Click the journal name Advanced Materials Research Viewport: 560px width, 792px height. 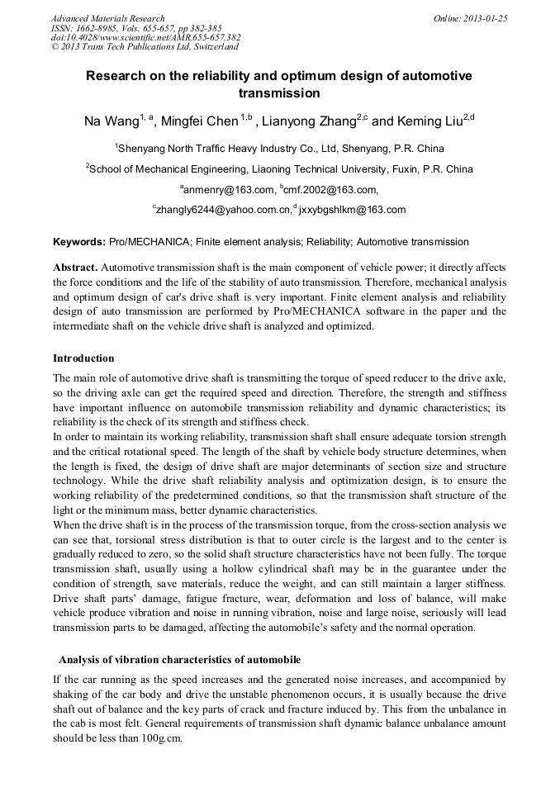click(x=107, y=18)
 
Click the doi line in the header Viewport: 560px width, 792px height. click(x=145, y=37)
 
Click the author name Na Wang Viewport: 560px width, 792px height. click(x=111, y=122)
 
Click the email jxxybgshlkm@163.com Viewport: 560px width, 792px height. click(x=354, y=210)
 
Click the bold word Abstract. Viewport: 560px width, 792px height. click(x=75, y=268)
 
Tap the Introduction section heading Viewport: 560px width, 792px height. click(x=83, y=358)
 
